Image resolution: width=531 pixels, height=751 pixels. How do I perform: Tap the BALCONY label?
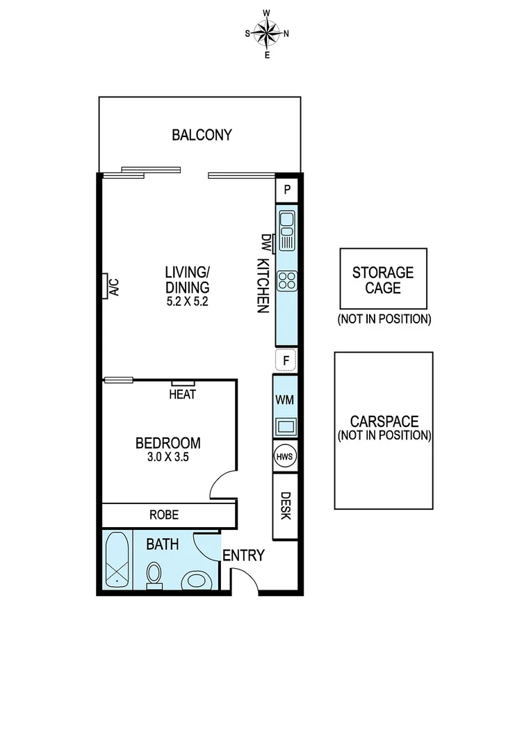(x=202, y=135)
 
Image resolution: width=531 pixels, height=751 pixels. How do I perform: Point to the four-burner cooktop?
(x=286, y=281)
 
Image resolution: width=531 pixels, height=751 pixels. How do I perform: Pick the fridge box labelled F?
(x=286, y=361)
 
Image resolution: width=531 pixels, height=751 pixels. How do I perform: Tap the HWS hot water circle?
(x=286, y=456)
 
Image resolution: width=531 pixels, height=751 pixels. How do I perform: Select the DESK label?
(x=285, y=506)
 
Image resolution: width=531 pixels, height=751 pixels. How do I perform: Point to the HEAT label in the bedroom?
(x=183, y=395)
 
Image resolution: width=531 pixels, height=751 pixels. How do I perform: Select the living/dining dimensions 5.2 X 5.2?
(x=187, y=302)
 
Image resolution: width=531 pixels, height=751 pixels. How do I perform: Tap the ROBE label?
(x=164, y=515)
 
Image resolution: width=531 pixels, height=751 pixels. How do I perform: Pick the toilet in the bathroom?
(x=154, y=574)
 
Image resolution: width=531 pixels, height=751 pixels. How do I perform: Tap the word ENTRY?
(x=243, y=555)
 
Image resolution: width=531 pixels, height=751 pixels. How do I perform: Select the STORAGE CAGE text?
(x=383, y=279)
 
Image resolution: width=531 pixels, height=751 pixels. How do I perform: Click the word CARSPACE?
(x=384, y=421)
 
